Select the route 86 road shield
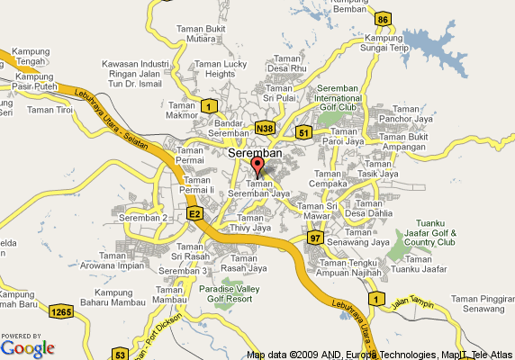pyautogui.click(x=383, y=20)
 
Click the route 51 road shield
pyautogui.click(x=304, y=133)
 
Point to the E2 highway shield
pyautogui.click(x=194, y=214)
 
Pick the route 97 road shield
pyautogui.click(x=314, y=237)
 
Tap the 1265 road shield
pyautogui.click(x=61, y=311)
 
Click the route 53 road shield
pyautogui.click(x=120, y=355)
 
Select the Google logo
pyautogui.click(x=27, y=347)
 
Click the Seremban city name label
pyautogui.click(x=256, y=154)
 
